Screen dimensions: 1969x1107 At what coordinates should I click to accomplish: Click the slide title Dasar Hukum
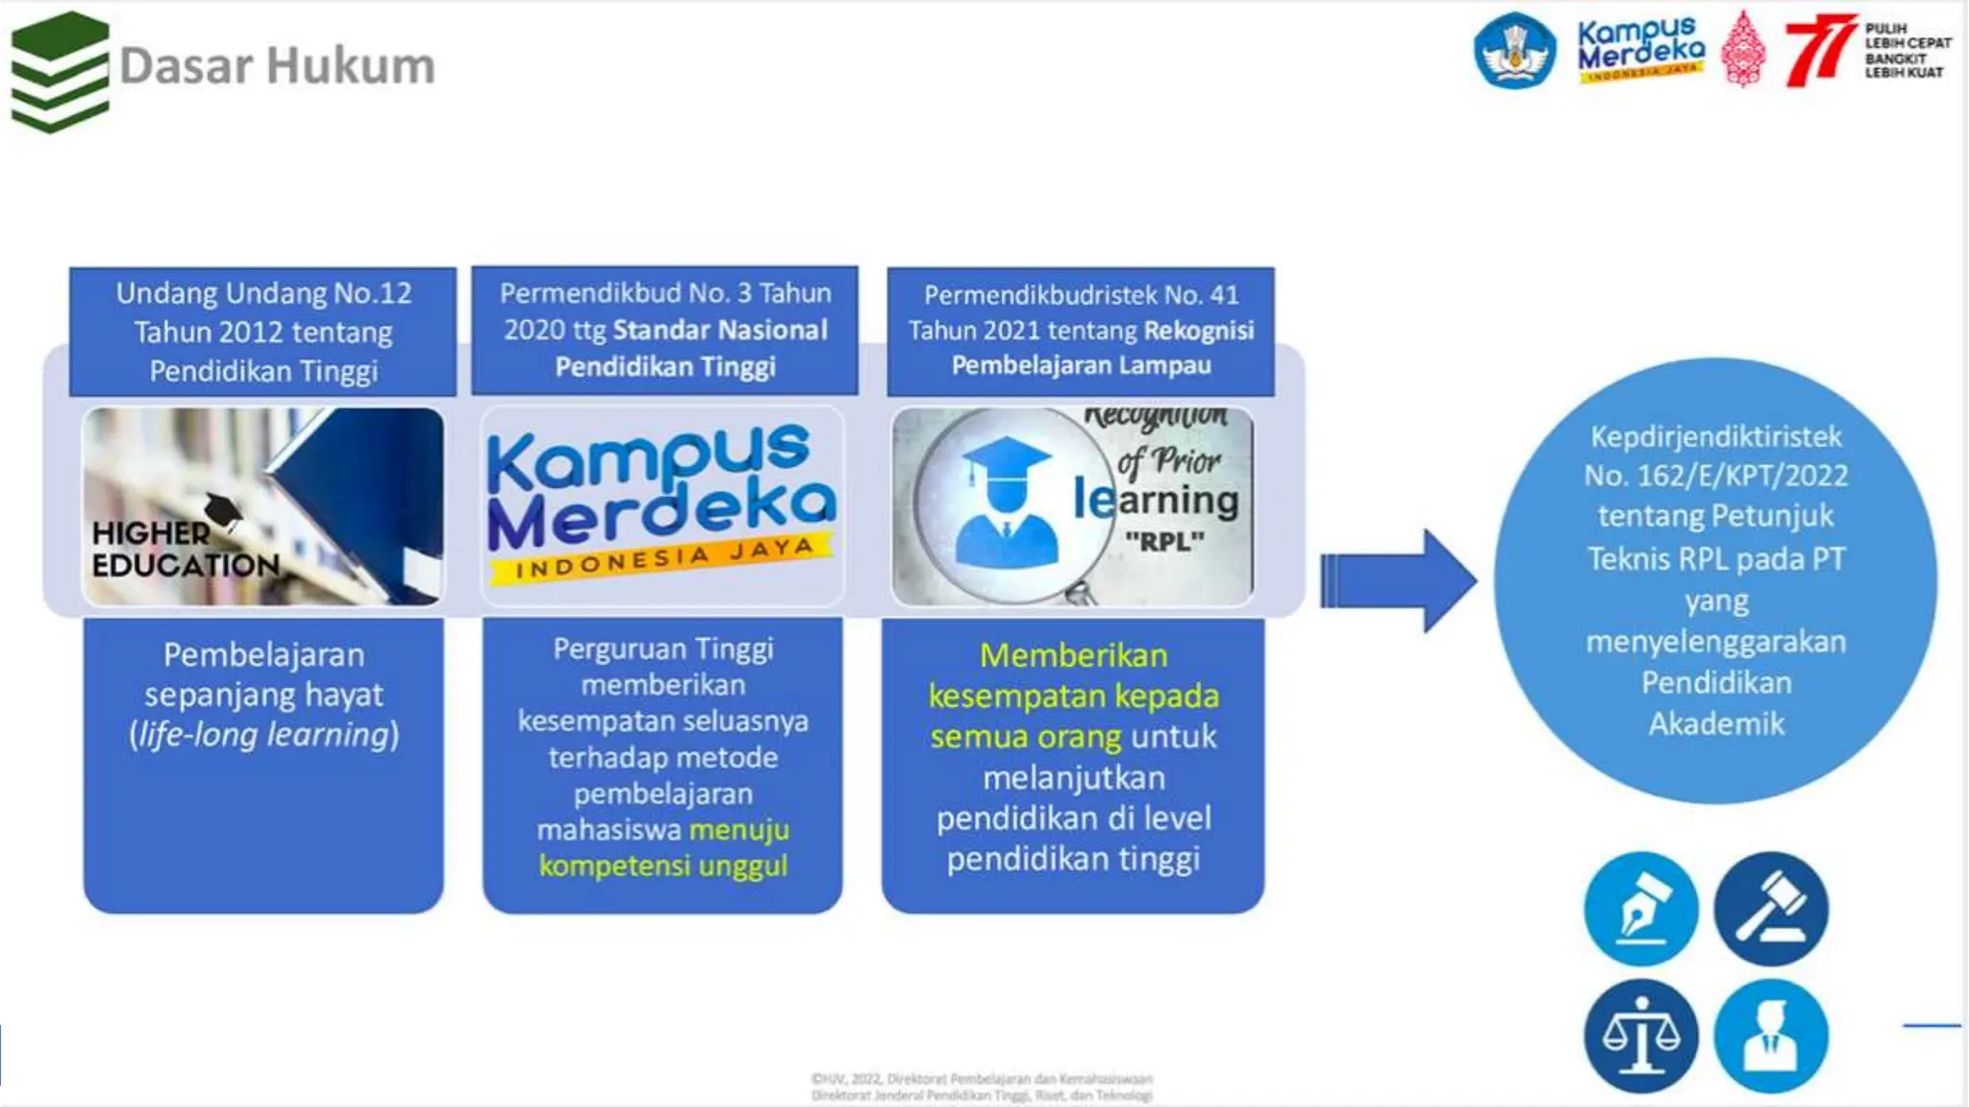pyautogui.click(x=277, y=66)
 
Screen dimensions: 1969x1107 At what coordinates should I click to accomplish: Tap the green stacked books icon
pyautogui.click(x=60, y=71)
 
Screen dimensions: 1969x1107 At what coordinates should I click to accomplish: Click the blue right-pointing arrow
pyautogui.click(x=1398, y=580)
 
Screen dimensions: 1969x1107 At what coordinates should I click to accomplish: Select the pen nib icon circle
pyautogui.click(x=1641, y=908)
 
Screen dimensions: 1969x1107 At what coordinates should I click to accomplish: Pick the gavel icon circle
pyautogui.click(x=1771, y=908)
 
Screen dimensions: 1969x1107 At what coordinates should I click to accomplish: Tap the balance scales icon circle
pyautogui.click(x=1641, y=1036)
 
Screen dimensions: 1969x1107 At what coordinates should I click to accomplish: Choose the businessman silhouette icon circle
pyautogui.click(x=1771, y=1036)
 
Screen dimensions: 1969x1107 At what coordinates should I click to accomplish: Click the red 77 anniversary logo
pyautogui.click(x=1819, y=50)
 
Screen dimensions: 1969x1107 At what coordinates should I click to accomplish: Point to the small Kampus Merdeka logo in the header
pyautogui.click(x=1640, y=50)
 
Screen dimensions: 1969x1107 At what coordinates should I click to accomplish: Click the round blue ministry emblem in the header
pyautogui.click(x=1515, y=50)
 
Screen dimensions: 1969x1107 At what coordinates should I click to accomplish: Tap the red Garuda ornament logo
pyautogui.click(x=1743, y=50)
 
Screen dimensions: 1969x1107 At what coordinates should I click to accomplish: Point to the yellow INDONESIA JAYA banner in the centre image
pyautogui.click(x=663, y=559)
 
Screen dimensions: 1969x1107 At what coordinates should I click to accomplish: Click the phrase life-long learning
pyautogui.click(x=263, y=735)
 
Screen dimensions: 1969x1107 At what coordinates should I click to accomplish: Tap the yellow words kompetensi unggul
pyautogui.click(x=663, y=866)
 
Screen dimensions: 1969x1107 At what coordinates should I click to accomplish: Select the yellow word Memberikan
pyautogui.click(x=1073, y=655)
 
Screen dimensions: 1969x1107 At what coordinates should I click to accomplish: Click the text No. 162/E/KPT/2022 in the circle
pyautogui.click(x=1716, y=476)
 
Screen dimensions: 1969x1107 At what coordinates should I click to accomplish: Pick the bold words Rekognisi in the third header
pyautogui.click(x=1199, y=331)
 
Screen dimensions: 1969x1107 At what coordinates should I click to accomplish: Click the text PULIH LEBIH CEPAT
pyautogui.click(x=1907, y=37)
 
